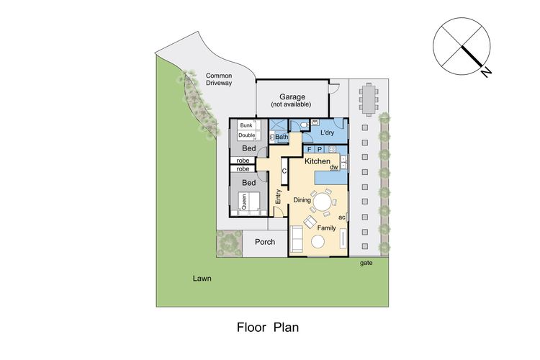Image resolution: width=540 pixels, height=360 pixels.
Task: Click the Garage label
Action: point(292,97)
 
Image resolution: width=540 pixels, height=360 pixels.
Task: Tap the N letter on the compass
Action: point(486,72)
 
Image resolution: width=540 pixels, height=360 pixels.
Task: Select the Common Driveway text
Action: point(219,79)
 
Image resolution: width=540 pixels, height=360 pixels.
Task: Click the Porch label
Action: point(265,242)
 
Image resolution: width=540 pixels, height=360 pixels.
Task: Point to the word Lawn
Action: point(202,279)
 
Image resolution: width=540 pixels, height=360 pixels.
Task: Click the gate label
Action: point(366,264)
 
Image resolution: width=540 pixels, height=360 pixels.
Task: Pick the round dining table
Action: point(323,202)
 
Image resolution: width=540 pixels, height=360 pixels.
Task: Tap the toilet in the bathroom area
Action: point(304,125)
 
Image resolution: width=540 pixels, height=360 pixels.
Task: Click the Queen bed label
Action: point(244,202)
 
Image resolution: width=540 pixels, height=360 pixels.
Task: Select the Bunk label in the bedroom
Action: point(246,125)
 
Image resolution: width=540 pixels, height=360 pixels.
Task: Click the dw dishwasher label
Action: point(334,167)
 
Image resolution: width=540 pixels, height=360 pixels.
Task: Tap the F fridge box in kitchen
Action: point(310,149)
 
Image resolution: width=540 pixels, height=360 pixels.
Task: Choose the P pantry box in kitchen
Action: point(320,149)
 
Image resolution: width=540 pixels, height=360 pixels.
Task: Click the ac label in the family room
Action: point(341,217)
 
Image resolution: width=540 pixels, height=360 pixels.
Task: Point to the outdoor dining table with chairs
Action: point(369,99)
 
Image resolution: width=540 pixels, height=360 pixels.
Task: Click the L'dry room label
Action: point(327,132)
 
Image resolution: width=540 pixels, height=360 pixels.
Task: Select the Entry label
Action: point(279,197)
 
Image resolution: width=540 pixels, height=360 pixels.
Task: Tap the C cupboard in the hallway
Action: point(284,171)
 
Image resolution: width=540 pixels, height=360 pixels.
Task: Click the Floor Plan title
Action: point(268,328)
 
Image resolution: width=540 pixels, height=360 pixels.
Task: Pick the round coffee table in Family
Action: point(318,241)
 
